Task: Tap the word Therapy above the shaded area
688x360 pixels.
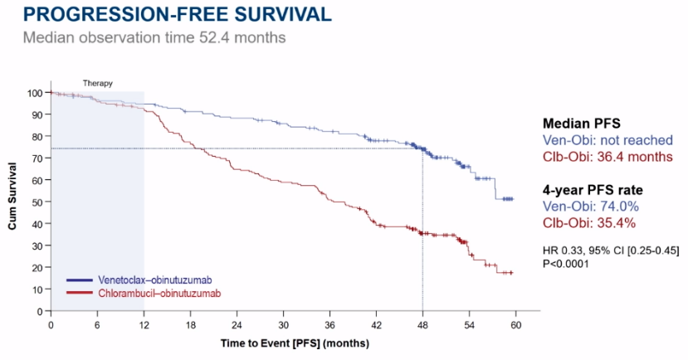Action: click(98, 84)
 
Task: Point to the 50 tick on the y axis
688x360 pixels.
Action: click(35, 202)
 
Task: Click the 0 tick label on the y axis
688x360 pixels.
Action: click(37, 311)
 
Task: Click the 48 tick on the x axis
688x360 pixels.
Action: click(422, 324)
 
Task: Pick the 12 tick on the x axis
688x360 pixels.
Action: click(144, 324)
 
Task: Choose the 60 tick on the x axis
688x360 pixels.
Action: click(515, 324)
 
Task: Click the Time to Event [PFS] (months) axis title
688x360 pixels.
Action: click(295, 342)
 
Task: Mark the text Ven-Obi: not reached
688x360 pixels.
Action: click(607, 139)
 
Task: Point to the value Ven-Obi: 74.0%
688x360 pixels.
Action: click(591, 207)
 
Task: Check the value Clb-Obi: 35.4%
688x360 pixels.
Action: click(590, 222)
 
